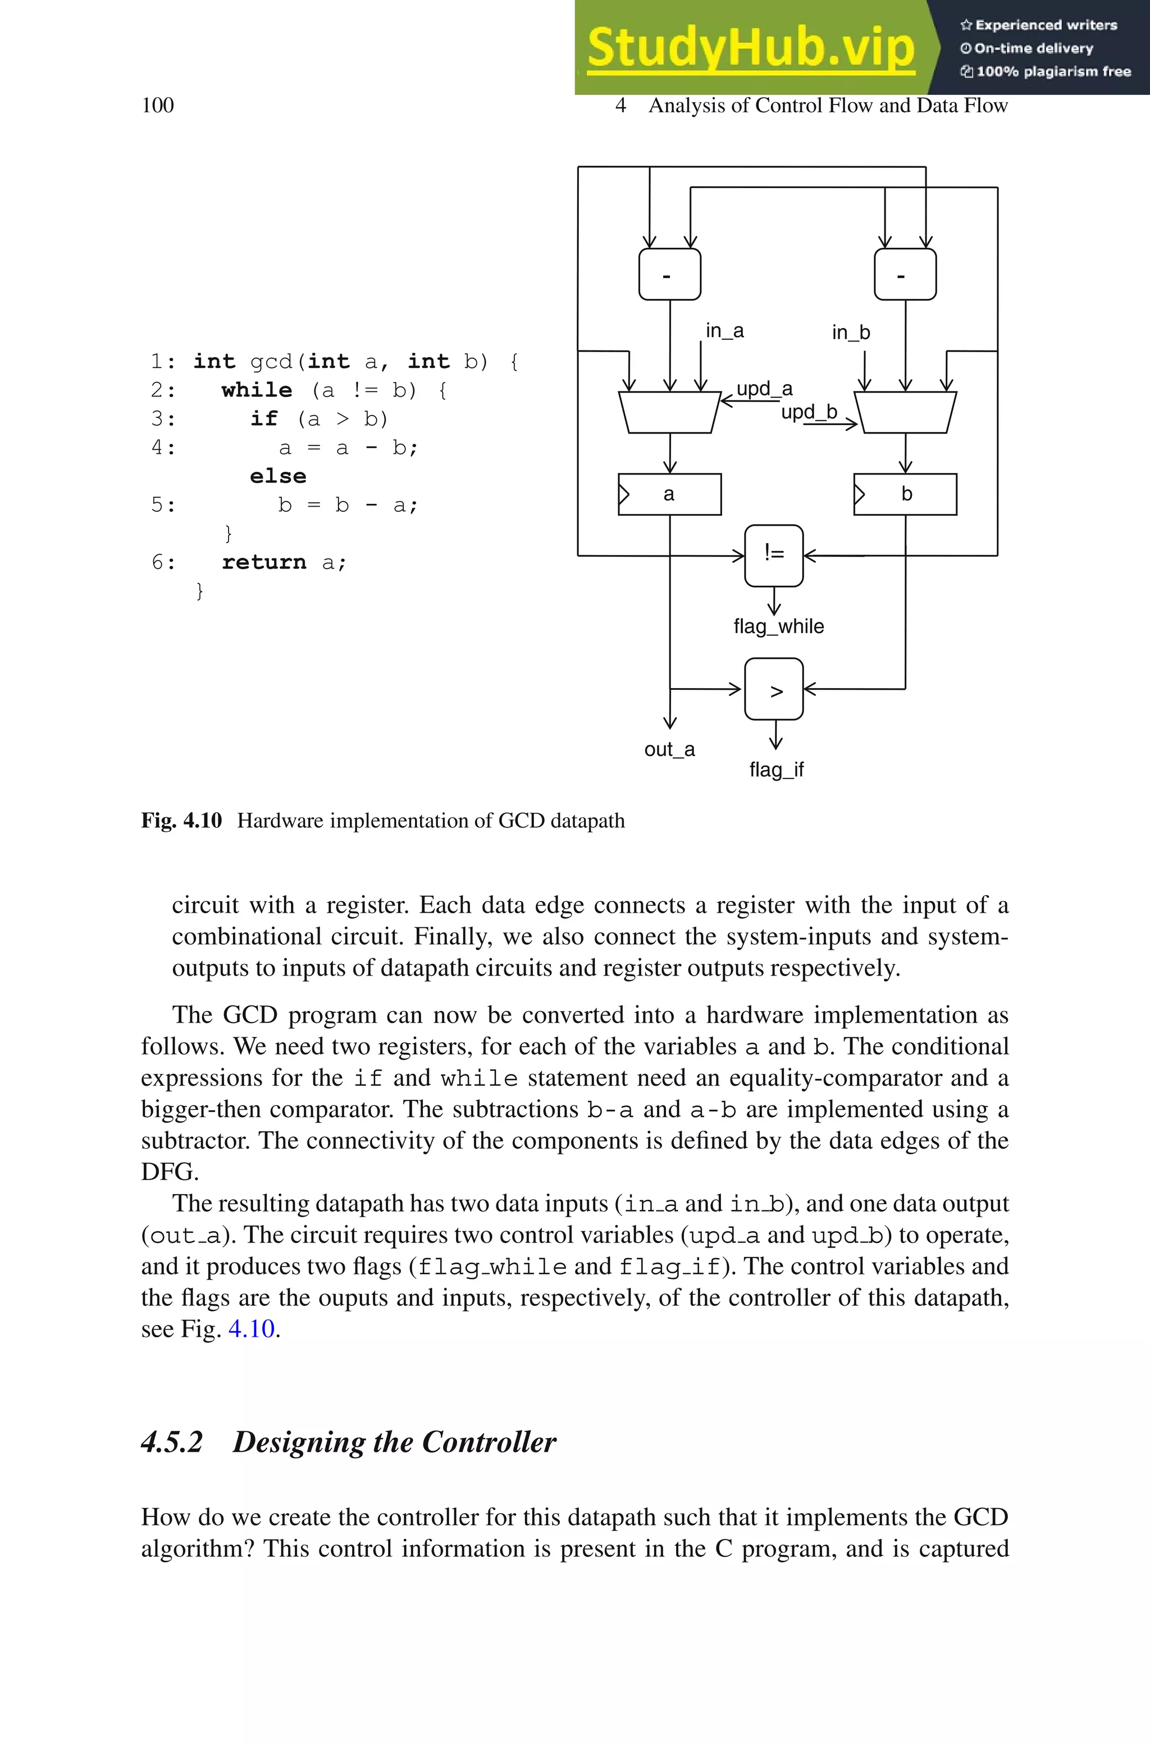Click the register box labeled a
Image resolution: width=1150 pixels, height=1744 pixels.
tap(669, 494)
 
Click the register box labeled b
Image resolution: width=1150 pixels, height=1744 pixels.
tap(905, 494)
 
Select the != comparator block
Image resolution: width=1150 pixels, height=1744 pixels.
tap(774, 554)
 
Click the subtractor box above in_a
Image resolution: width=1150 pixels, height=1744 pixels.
tap(669, 274)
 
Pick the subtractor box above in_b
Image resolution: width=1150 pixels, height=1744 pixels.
tap(905, 274)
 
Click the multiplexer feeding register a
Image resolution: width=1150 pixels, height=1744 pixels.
tap(669, 412)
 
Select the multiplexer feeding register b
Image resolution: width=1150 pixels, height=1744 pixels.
tap(905, 412)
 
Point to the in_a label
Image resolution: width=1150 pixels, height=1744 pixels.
tap(724, 331)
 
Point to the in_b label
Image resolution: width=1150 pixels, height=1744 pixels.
tap(851, 333)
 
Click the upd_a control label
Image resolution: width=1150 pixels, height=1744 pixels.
tap(764, 389)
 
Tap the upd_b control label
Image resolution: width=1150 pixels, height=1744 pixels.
tap(809, 412)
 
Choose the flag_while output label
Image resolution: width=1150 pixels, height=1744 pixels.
tap(778, 626)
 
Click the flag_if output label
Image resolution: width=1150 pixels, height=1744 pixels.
tap(776, 769)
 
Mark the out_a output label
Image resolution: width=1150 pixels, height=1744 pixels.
tap(669, 749)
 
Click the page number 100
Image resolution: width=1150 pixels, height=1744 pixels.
tap(158, 106)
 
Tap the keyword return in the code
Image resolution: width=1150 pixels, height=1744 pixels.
tap(263, 562)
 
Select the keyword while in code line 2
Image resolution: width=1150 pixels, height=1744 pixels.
tap(257, 390)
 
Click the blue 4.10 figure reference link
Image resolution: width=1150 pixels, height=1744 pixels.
tap(252, 1329)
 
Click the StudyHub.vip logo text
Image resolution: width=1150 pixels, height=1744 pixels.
tap(750, 48)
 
